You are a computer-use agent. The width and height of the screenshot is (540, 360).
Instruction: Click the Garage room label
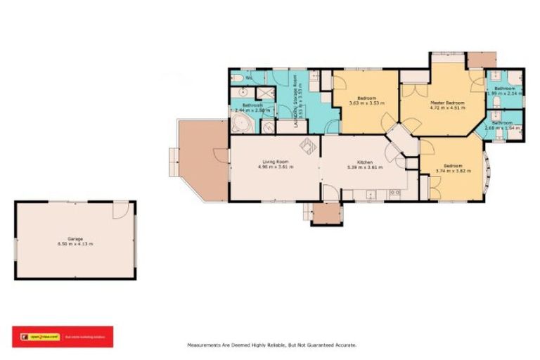[x=75, y=238]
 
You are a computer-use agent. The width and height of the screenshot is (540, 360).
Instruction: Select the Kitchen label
[x=364, y=162]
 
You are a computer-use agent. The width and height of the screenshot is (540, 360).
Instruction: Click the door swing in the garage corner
[x=122, y=210]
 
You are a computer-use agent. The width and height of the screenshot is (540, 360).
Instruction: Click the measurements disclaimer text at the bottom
[x=271, y=345]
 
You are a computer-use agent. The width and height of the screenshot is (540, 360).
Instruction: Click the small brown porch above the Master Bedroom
[x=482, y=59]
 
